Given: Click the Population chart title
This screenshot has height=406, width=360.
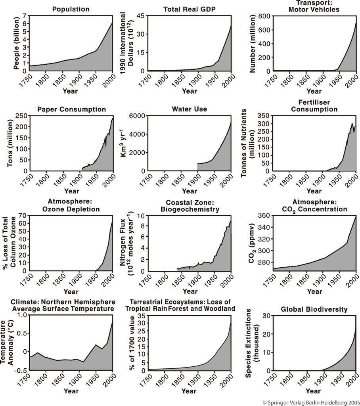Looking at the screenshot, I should (x=71, y=9).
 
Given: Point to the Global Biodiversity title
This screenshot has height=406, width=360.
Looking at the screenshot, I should (x=315, y=309).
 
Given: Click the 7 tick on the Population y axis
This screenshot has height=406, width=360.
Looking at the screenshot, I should (x=25, y=16).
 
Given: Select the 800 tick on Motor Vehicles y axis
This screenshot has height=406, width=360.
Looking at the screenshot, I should (x=264, y=16).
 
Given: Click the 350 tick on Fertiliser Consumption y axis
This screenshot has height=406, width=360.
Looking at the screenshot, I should (x=264, y=116).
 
